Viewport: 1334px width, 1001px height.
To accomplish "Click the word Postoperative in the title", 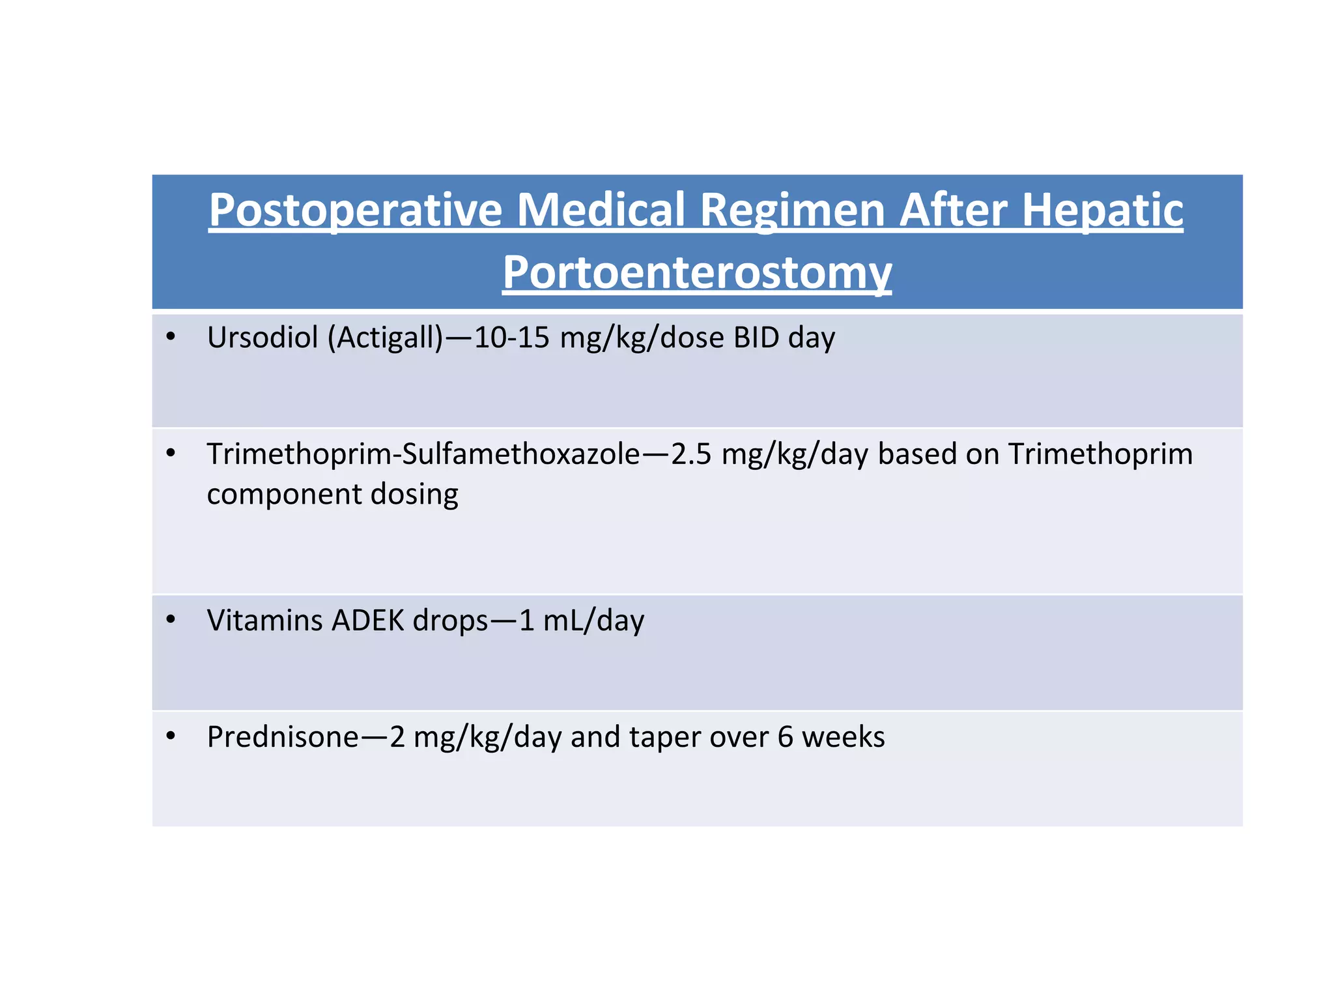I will click(x=355, y=210).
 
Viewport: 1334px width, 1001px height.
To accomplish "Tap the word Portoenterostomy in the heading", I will click(x=696, y=272).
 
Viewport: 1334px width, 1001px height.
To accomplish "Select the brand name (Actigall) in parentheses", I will click(x=385, y=338).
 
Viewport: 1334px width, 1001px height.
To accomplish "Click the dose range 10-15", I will click(x=511, y=338).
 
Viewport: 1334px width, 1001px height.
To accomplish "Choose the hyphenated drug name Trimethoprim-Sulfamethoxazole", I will click(x=423, y=454).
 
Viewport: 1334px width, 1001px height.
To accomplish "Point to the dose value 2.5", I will click(x=691, y=454).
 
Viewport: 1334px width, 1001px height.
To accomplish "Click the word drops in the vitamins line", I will click(x=450, y=620).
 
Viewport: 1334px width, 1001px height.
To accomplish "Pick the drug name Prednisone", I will click(x=283, y=737).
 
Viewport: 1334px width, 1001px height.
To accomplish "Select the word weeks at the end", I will click(x=843, y=737).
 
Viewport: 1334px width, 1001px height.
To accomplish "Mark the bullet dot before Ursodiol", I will click(x=171, y=336).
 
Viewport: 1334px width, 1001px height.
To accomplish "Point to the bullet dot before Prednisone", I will click(x=171, y=736).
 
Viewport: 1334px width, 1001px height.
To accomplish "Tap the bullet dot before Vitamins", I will click(x=171, y=619).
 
